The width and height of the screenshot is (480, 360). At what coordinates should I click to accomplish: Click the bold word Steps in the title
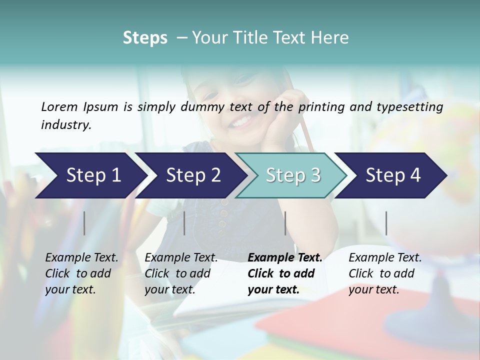145,38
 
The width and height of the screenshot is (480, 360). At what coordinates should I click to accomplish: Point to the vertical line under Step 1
84,223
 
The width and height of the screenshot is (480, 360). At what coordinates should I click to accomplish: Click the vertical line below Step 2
184,223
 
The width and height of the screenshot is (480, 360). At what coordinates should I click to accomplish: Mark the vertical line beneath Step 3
285,223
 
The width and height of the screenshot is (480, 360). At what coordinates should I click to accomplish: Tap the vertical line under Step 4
386,223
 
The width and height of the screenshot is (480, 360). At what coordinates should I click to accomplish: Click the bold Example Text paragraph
284,273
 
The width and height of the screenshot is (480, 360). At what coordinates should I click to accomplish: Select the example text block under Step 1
81,273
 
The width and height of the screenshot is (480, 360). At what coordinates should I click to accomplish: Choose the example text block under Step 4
384,273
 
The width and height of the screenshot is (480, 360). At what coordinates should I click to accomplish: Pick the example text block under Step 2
181,273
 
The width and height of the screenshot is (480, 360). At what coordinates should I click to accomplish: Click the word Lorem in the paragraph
59,106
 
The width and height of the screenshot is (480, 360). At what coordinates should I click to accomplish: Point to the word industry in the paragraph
66,125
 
